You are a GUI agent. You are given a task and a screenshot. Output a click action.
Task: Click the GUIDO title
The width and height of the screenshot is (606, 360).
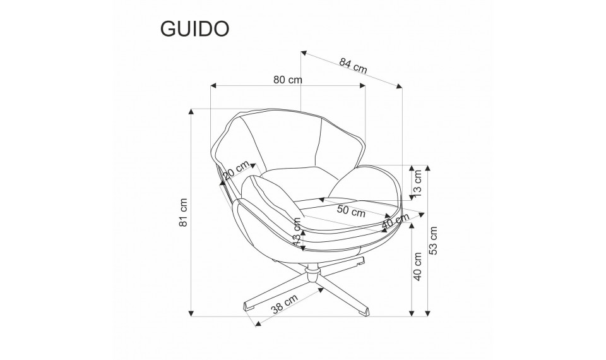point(194,28)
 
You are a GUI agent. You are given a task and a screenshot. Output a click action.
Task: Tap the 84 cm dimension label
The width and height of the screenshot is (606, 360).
point(353,65)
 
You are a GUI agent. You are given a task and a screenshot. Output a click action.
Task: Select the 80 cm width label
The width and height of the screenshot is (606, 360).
point(288,80)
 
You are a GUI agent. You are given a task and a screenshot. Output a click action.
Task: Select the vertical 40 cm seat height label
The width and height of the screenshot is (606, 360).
point(417,267)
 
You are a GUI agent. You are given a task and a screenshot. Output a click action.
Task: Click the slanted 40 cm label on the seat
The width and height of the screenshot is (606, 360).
point(395,220)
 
